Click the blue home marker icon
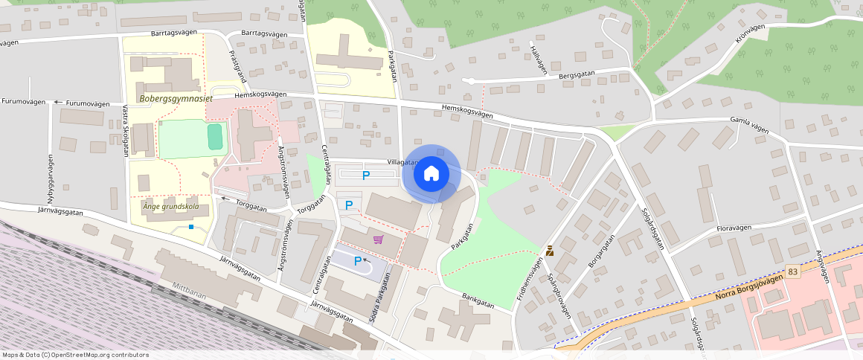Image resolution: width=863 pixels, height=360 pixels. [x=431, y=174]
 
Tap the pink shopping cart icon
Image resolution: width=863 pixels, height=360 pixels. [x=379, y=239]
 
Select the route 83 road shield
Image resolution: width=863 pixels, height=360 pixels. [x=793, y=272]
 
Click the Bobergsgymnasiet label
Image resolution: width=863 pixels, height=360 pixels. [x=176, y=98]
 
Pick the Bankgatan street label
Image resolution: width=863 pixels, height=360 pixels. [x=476, y=303]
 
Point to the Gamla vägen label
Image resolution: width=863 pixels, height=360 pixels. [x=749, y=123]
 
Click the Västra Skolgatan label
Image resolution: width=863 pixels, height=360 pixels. [x=125, y=129]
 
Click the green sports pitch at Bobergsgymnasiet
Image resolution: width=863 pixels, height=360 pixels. [x=215, y=137]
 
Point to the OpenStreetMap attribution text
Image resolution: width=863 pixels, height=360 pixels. [x=76, y=355]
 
